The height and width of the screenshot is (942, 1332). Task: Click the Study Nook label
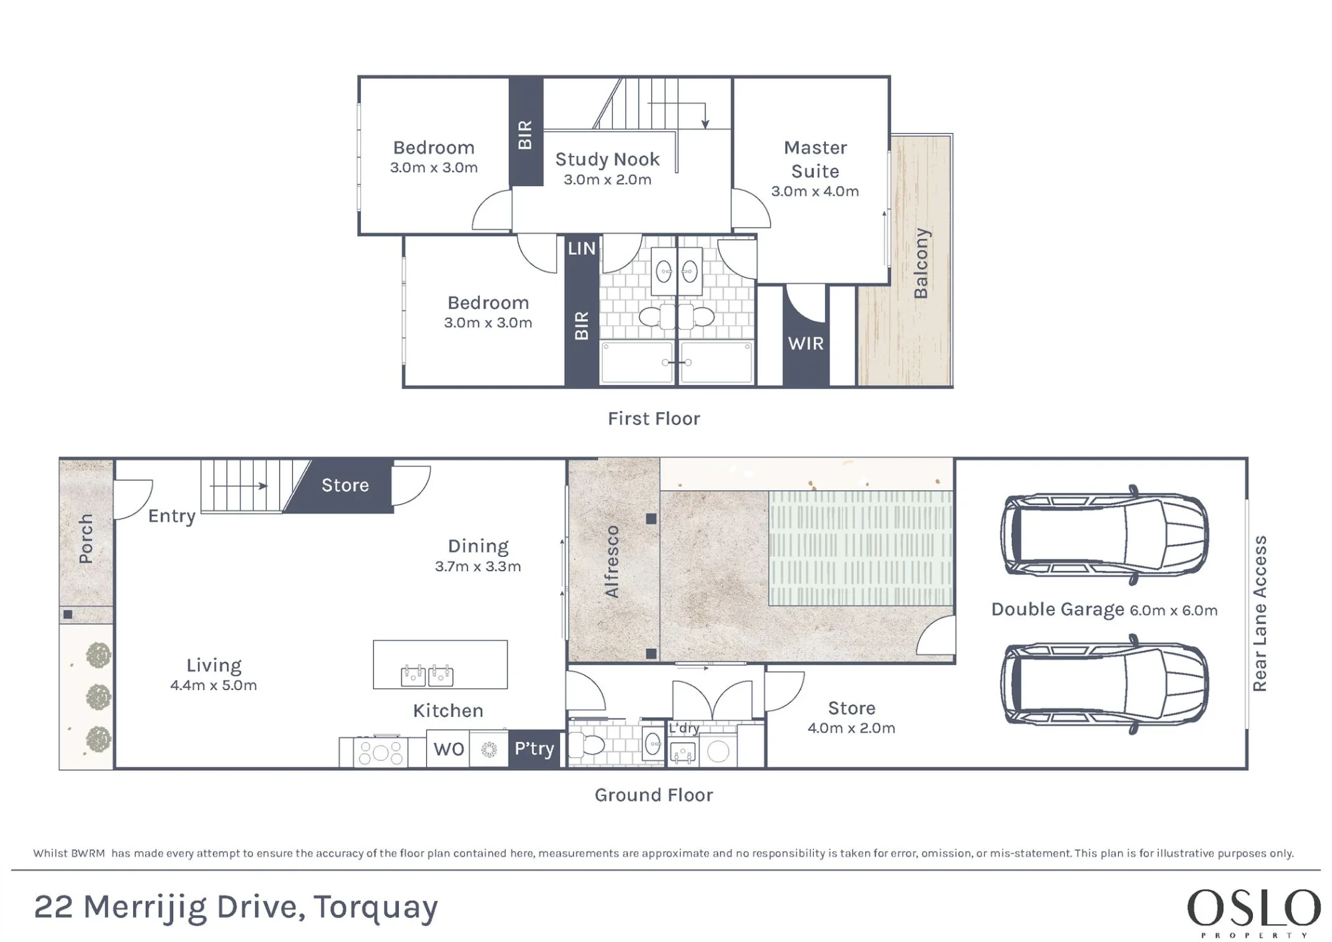click(x=607, y=159)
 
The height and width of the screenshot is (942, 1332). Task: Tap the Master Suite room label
click(x=815, y=159)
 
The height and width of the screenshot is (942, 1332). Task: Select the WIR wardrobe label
click(x=806, y=343)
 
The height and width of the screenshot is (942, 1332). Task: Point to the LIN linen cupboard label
click(x=581, y=248)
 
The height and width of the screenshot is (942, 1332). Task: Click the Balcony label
click(x=921, y=263)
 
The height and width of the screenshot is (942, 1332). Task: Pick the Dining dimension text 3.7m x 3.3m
click(x=478, y=566)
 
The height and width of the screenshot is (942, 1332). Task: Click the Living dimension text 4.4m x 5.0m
click(x=213, y=685)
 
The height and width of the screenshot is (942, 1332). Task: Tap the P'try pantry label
click(x=534, y=749)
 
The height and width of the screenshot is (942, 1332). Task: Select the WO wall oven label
click(x=449, y=749)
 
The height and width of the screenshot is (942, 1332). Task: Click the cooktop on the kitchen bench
click(x=380, y=752)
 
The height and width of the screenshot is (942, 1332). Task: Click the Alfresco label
click(x=611, y=562)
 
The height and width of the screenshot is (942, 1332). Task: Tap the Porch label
click(x=85, y=538)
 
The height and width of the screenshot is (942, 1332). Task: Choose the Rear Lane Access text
click(x=1259, y=614)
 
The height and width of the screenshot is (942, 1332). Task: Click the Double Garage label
click(x=1058, y=610)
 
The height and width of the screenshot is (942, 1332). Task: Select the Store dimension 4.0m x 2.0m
click(x=851, y=727)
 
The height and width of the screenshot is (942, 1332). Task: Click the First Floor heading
click(x=654, y=418)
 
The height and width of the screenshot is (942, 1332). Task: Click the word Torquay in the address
click(x=376, y=908)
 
